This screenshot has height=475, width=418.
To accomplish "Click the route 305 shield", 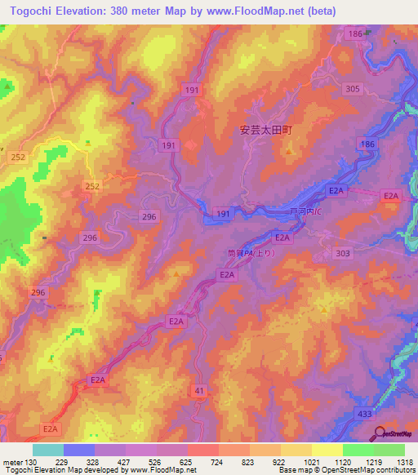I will [x=352, y=89].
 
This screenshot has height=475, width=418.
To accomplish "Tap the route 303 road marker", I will [x=343, y=255].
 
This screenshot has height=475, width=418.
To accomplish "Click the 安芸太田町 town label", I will [x=265, y=129].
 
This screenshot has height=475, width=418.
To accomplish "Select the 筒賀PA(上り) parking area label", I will [x=253, y=254].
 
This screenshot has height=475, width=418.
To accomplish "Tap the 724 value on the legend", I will [x=217, y=461].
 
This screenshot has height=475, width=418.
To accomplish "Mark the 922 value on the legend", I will [x=279, y=461].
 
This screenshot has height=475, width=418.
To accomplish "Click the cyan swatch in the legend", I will [x=47, y=450].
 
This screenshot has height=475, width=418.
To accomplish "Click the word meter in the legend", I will [x=11, y=461].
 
